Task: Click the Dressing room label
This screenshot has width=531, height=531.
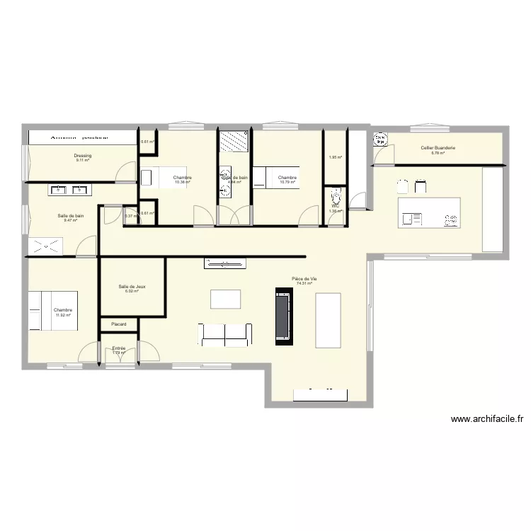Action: (x=83, y=155)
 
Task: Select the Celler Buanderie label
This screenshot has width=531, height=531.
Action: (x=438, y=148)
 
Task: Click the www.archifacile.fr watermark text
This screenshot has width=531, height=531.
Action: (x=487, y=419)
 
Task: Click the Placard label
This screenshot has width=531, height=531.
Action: (x=118, y=324)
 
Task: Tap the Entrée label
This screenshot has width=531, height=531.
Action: (x=118, y=348)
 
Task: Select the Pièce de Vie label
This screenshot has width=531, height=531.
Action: (x=304, y=279)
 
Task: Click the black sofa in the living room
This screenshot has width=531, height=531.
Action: (x=283, y=316)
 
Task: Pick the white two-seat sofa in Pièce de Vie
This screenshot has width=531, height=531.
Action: (x=225, y=334)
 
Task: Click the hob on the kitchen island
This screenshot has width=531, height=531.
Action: (x=450, y=219)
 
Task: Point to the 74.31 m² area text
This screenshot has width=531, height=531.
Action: (x=304, y=283)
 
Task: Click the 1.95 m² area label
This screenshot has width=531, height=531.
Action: (x=335, y=157)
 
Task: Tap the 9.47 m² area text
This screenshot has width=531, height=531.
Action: (x=70, y=220)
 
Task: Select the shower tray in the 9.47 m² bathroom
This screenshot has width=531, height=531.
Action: (x=45, y=246)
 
